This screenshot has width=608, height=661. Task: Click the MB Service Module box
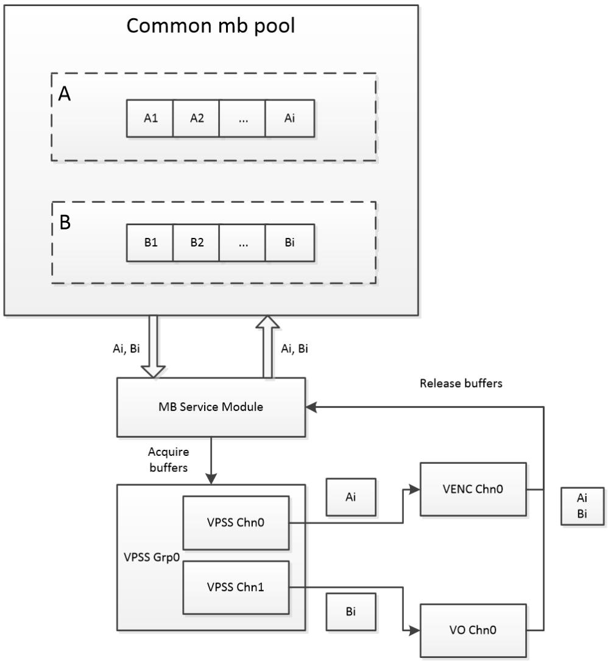coord(211,407)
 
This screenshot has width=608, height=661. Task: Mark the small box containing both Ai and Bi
coord(582,505)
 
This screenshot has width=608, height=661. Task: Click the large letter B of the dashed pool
coord(65,223)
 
